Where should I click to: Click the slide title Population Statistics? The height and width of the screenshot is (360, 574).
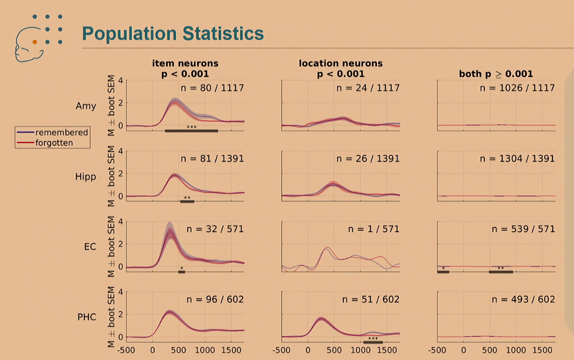point(173,34)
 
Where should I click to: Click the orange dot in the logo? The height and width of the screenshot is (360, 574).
point(35,42)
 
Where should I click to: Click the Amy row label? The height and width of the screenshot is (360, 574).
point(86,106)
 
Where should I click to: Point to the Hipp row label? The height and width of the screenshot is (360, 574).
point(85,176)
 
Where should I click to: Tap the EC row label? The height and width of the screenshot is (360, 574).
point(90,247)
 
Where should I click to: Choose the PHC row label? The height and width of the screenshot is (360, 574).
point(87,317)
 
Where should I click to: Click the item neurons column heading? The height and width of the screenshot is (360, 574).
point(185,68)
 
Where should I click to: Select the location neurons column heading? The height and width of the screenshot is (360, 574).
point(340,68)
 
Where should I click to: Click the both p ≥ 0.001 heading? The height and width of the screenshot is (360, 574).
point(496,74)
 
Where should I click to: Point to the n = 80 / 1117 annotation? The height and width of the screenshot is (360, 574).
point(212,88)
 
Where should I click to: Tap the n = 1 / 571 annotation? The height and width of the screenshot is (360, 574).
point(374,229)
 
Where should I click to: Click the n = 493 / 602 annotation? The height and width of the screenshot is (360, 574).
point(523,299)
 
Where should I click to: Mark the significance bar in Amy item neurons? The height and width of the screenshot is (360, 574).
point(191,131)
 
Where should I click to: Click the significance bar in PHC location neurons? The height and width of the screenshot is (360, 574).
point(373,342)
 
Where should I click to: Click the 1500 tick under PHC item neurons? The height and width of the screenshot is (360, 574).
point(231,350)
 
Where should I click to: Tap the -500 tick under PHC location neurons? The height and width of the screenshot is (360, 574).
point(282,350)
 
